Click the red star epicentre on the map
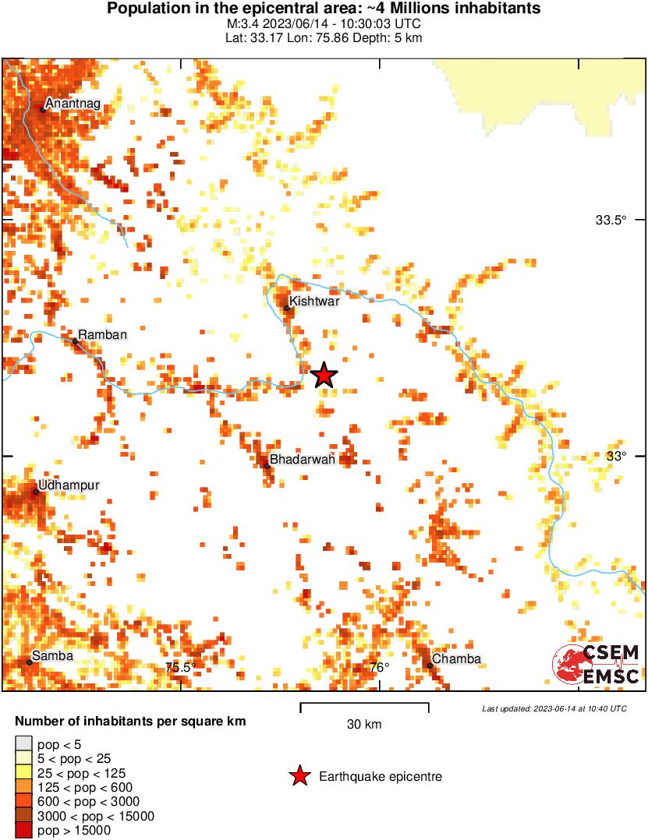click(x=324, y=376)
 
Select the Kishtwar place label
click(x=314, y=302)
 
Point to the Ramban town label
click(x=100, y=334)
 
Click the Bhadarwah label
click(x=303, y=460)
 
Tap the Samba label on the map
click(x=52, y=656)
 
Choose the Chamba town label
click(x=456, y=659)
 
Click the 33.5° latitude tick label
click(x=611, y=221)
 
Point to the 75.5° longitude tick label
click(x=180, y=667)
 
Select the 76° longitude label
click(x=379, y=667)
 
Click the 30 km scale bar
click(x=364, y=708)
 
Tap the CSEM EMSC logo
click(x=597, y=664)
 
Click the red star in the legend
click(x=299, y=776)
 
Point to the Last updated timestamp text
click(x=554, y=708)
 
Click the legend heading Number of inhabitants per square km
click(x=130, y=722)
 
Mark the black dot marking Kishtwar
click(x=287, y=309)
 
